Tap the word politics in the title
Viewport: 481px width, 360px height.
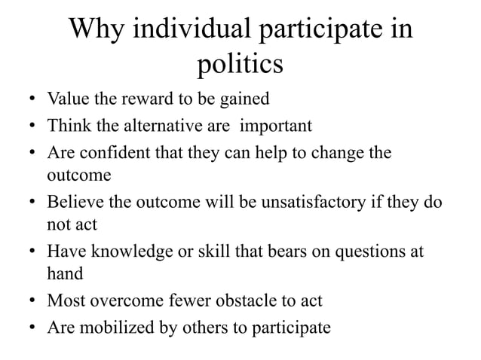pyautogui.click(x=240, y=66)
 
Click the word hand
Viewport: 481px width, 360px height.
pyautogui.click(x=65, y=276)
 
